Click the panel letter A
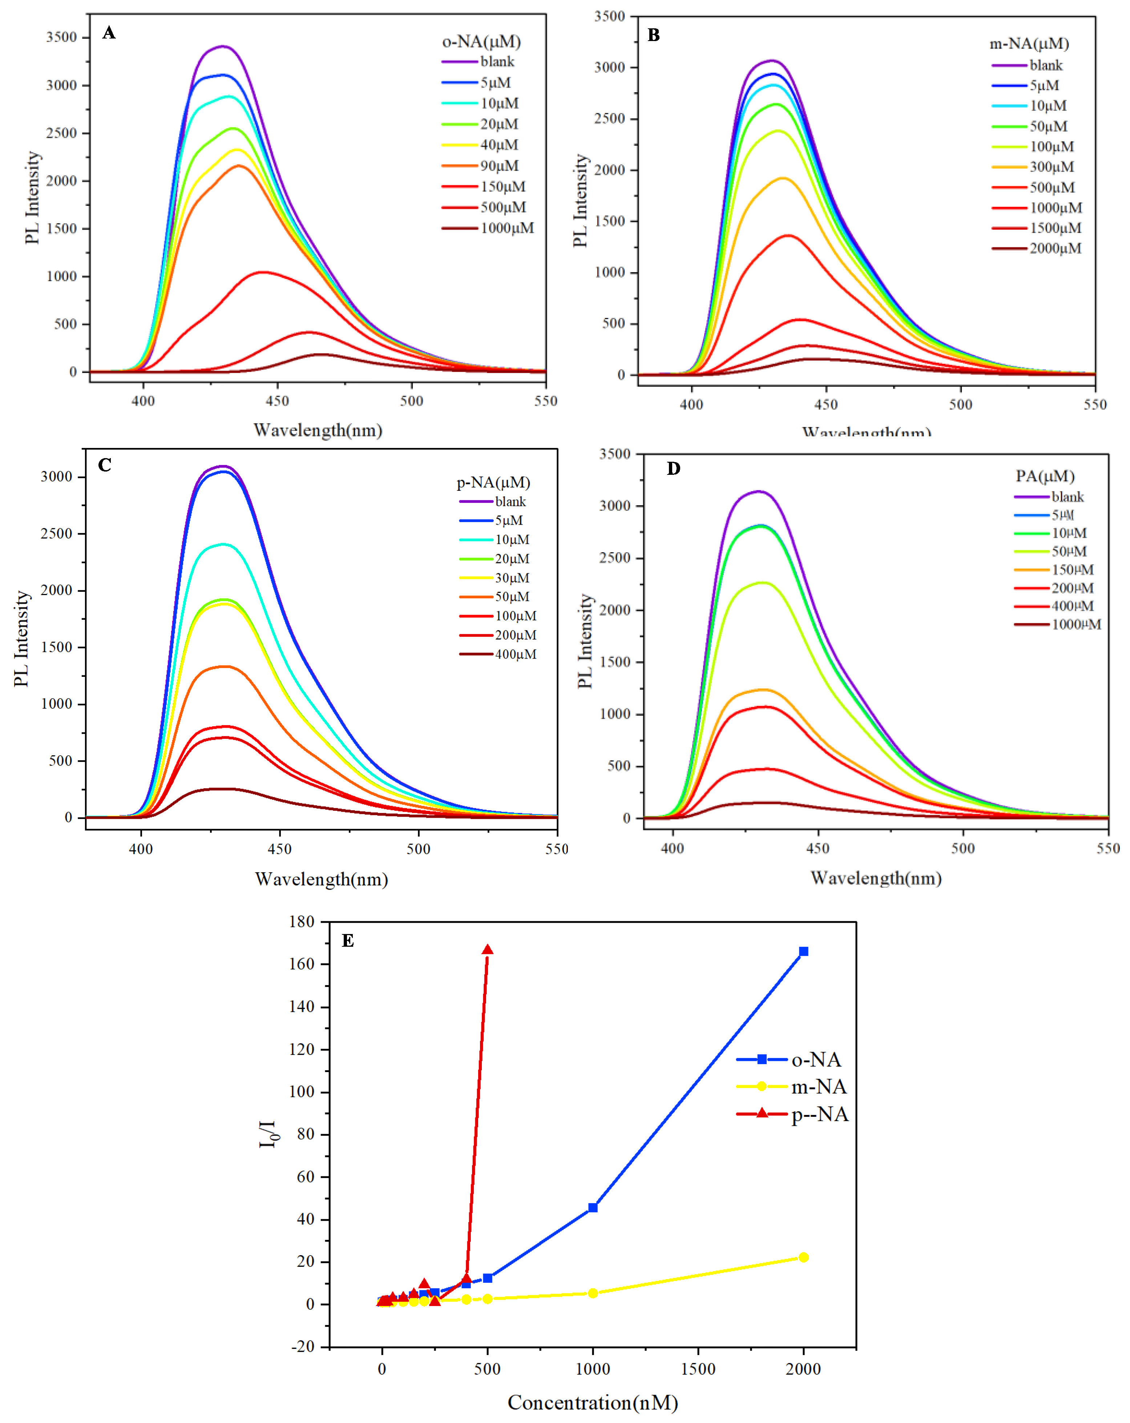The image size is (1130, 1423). point(109,33)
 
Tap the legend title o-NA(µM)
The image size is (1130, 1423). point(481,41)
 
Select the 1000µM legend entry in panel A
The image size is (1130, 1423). point(506,229)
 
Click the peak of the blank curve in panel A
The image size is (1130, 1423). point(224,46)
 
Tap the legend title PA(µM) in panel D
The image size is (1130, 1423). point(1045,476)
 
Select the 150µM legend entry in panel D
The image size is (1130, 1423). point(1072,570)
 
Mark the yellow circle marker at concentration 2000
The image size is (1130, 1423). point(803,1257)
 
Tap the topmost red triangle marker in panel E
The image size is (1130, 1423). point(487,950)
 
